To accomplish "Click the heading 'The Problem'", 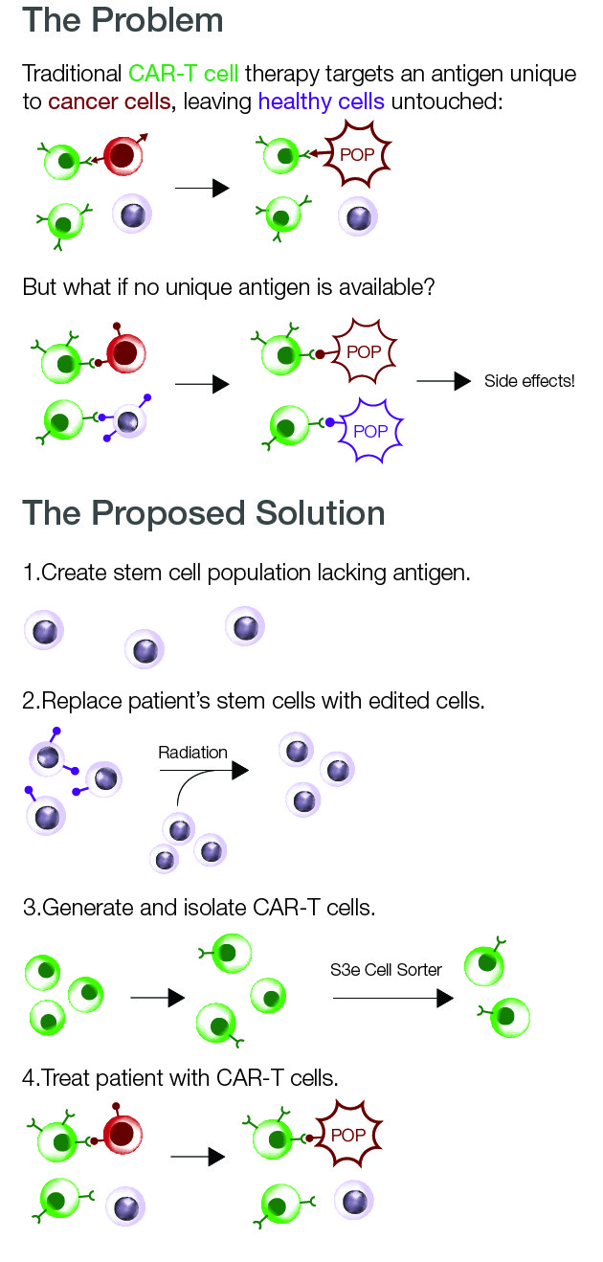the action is pos(123,20).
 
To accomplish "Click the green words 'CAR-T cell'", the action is pos(183,74).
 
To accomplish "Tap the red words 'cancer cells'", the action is pos(109,101).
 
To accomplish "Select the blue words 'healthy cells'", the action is pos(321,101).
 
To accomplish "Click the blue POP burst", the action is pos(370,431).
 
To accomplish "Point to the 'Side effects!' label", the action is pos(529,381).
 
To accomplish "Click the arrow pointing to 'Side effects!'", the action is pos(444,381).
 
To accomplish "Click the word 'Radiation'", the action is pos(192,753).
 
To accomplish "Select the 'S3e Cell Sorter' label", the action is pos(386,970).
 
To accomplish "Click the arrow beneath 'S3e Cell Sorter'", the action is pos(393,999).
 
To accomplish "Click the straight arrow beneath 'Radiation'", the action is pos(204,770).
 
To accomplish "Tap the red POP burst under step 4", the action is pos(348,1134).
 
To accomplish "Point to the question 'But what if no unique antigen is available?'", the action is pos(229,287).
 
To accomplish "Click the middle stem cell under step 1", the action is pos(145,649).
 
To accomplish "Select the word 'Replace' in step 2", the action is pos(81,702).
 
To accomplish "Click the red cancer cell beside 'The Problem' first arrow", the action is pos(123,155).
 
